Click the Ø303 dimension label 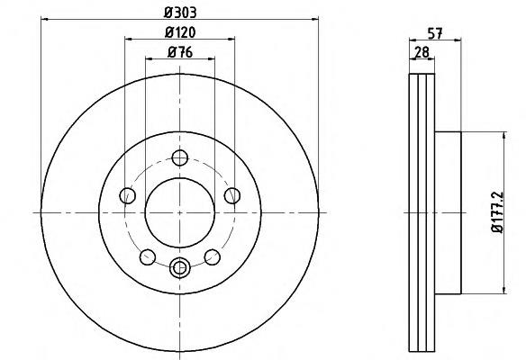click(180, 13)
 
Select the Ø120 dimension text click(180, 32)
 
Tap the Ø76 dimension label click(180, 52)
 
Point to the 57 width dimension click(435, 33)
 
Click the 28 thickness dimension click(422, 52)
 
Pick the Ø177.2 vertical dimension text click(498, 212)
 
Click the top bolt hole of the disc click(180, 157)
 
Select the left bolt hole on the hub click(128, 195)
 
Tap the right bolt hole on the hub click(232, 195)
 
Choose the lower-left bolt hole click(148, 257)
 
